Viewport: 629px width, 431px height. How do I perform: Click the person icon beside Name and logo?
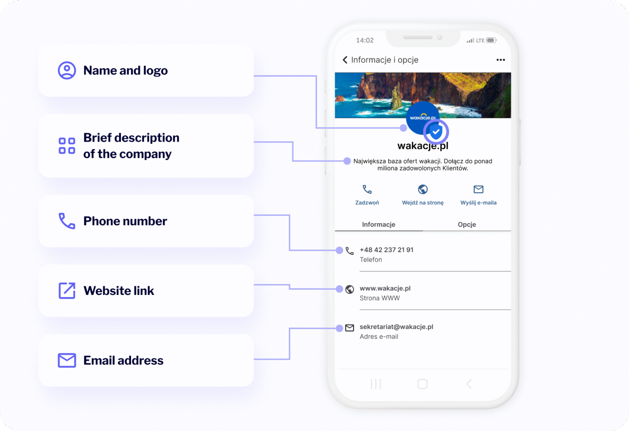pyautogui.click(x=67, y=70)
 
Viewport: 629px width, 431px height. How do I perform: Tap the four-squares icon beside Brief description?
pyautogui.click(x=67, y=145)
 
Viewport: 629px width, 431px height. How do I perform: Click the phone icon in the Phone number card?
pyautogui.click(x=67, y=221)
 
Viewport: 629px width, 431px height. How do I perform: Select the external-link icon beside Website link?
pyautogui.click(x=67, y=290)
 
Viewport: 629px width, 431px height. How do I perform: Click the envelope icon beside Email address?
pyautogui.click(x=67, y=360)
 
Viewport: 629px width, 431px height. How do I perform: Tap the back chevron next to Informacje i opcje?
pyautogui.click(x=345, y=60)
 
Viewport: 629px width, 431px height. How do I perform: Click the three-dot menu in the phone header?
pyautogui.click(x=500, y=60)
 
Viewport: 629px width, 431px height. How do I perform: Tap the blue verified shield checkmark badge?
pyautogui.click(x=436, y=132)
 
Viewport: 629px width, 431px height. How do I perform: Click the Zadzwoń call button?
pyautogui.click(x=367, y=195)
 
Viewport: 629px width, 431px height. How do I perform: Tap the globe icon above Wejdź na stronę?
pyautogui.click(x=423, y=189)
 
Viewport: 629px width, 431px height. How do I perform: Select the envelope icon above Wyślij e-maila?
pyautogui.click(x=478, y=189)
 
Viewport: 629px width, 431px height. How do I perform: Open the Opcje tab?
pyautogui.click(x=467, y=225)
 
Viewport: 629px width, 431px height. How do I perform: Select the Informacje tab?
pyautogui.click(x=378, y=225)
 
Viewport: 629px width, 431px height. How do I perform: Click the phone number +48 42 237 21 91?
pyautogui.click(x=387, y=250)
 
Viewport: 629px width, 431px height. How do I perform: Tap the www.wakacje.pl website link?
pyautogui.click(x=385, y=288)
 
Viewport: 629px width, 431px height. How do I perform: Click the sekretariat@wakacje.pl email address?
pyautogui.click(x=396, y=327)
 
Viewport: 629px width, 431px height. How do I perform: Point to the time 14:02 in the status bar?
pyautogui.click(x=365, y=41)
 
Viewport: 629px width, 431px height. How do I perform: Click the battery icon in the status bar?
pyautogui.click(x=491, y=41)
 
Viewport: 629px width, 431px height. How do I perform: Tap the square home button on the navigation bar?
pyautogui.click(x=422, y=384)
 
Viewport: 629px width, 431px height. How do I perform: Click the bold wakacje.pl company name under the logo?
pyautogui.click(x=423, y=146)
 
